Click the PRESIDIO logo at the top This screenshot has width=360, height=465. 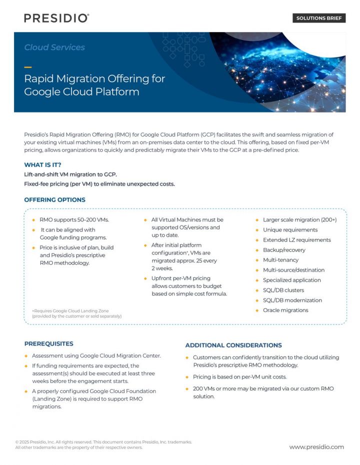coord(56,18)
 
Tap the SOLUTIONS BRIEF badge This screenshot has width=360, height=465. coord(319,18)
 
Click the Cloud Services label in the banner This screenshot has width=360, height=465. coord(54,47)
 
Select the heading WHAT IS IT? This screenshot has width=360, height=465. coord(43,165)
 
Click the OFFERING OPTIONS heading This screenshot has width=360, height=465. coord(54,200)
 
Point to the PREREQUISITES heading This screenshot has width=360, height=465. coord(49,344)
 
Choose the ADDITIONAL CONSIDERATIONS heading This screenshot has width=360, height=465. coord(233,345)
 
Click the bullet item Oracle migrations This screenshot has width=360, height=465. coord(285,310)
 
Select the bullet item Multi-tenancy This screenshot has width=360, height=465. coord(280,260)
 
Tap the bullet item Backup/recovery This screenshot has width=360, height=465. coord(284,250)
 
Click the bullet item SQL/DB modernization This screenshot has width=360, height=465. coord(292,300)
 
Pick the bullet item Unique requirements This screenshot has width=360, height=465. coord(290,230)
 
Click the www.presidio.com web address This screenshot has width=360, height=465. coord(316,446)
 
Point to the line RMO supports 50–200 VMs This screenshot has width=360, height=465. coord(74,220)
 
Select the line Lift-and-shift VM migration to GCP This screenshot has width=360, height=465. coord(70,174)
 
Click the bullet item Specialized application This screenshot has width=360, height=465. coord(292,280)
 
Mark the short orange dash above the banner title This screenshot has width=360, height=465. coord(28,67)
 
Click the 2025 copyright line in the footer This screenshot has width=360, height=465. coord(103,442)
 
